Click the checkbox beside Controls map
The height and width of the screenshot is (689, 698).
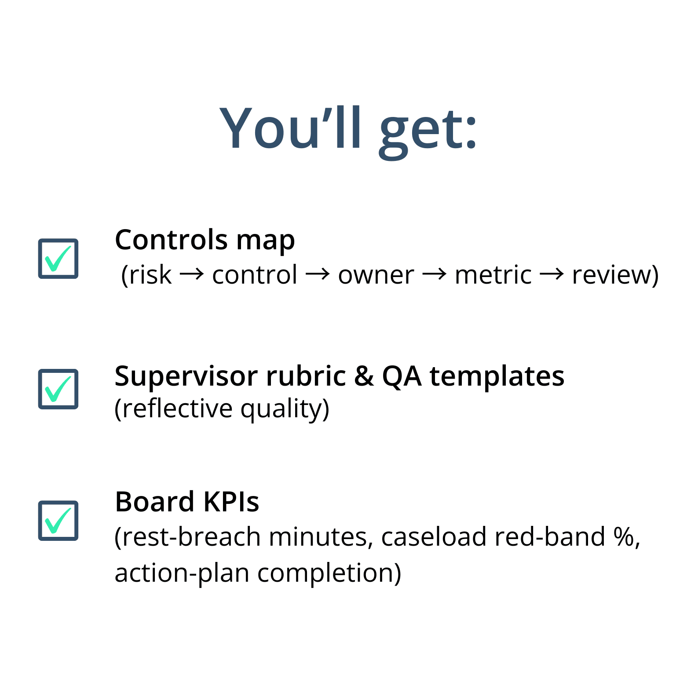pos(58,259)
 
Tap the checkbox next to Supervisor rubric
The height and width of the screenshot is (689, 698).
pos(58,389)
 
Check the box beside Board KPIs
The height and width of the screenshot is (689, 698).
pos(58,521)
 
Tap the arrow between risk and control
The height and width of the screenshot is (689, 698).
pos(192,274)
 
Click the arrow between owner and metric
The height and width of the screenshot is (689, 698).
pos(435,274)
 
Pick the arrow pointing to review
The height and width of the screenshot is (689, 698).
pos(552,274)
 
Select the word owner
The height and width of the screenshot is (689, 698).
pos(376,276)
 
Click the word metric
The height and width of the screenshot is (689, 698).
pos(493,275)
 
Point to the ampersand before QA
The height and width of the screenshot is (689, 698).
pos(364,376)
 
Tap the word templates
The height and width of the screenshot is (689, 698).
pos(497,377)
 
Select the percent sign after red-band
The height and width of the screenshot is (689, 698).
pos(624,537)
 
